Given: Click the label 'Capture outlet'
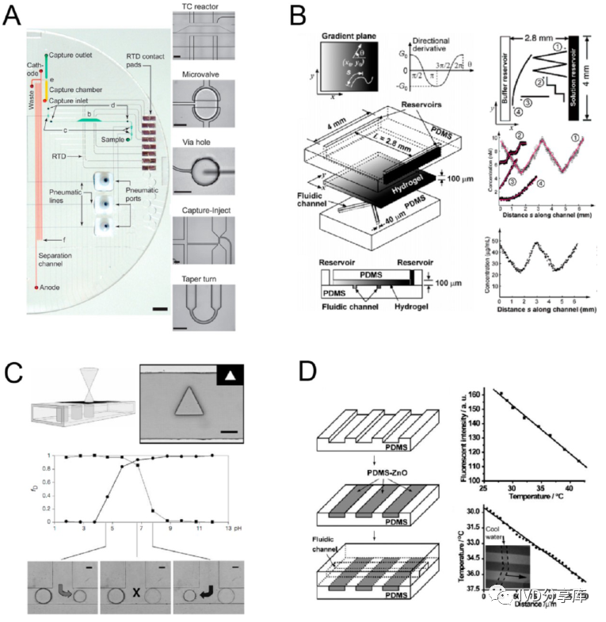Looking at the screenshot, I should tap(73, 55).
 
